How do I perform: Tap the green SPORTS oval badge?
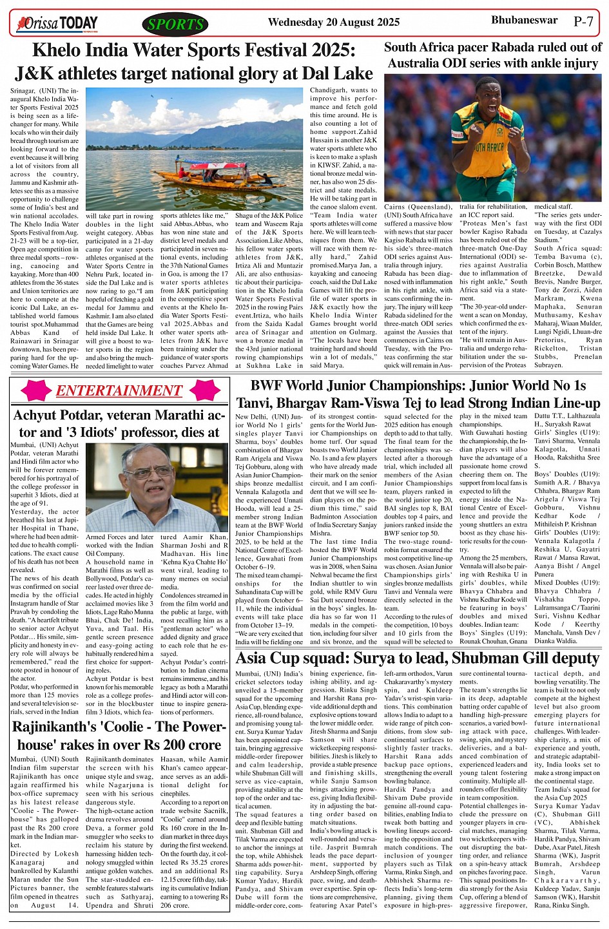[x=175, y=24]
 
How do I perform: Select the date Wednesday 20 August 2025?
[x=333, y=23]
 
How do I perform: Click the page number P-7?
[x=583, y=21]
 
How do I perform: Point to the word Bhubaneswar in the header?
[x=524, y=21]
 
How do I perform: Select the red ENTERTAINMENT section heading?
[x=119, y=391]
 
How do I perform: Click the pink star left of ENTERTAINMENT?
[x=36, y=391]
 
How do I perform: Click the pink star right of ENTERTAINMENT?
[x=205, y=391]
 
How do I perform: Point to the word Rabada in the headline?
[x=520, y=47]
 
